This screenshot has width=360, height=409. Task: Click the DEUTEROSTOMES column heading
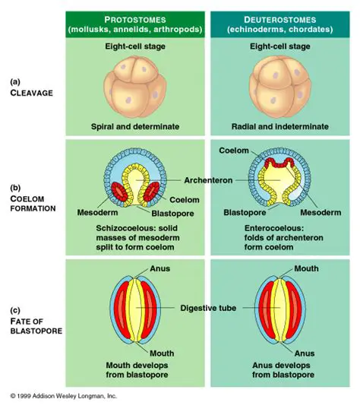coord(283,18)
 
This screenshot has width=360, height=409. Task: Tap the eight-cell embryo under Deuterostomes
coord(282,85)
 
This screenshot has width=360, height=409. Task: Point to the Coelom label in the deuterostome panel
coord(234,151)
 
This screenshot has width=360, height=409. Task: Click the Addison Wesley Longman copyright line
coord(64,396)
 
